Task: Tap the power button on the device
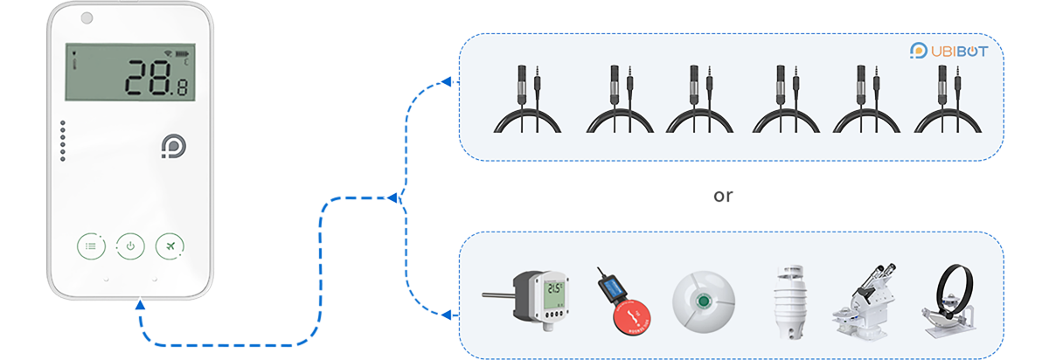[130, 246]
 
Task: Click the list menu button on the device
[91, 246]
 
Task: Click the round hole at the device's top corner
[87, 17]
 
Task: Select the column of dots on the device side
[63, 142]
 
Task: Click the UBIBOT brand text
[957, 51]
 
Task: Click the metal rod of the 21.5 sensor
[501, 295]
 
